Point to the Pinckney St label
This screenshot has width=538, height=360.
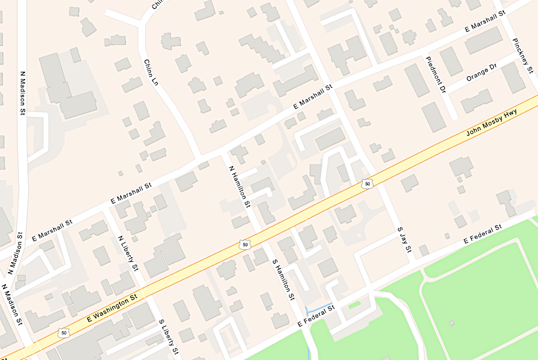click(x=522, y=56)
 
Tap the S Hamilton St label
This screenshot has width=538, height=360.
click(x=283, y=279)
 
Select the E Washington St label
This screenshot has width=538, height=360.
click(x=112, y=309)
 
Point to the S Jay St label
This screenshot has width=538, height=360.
click(x=406, y=239)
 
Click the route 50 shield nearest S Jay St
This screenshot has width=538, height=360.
click(x=368, y=184)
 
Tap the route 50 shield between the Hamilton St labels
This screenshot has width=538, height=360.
click(x=244, y=244)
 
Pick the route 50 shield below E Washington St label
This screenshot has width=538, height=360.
click(x=64, y=332)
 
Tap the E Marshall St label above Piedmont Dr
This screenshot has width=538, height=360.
click(x=485, y=22)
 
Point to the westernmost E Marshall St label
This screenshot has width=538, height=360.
click(x=52, y=229)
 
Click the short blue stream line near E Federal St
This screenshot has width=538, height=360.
click(x=319, y=309)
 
